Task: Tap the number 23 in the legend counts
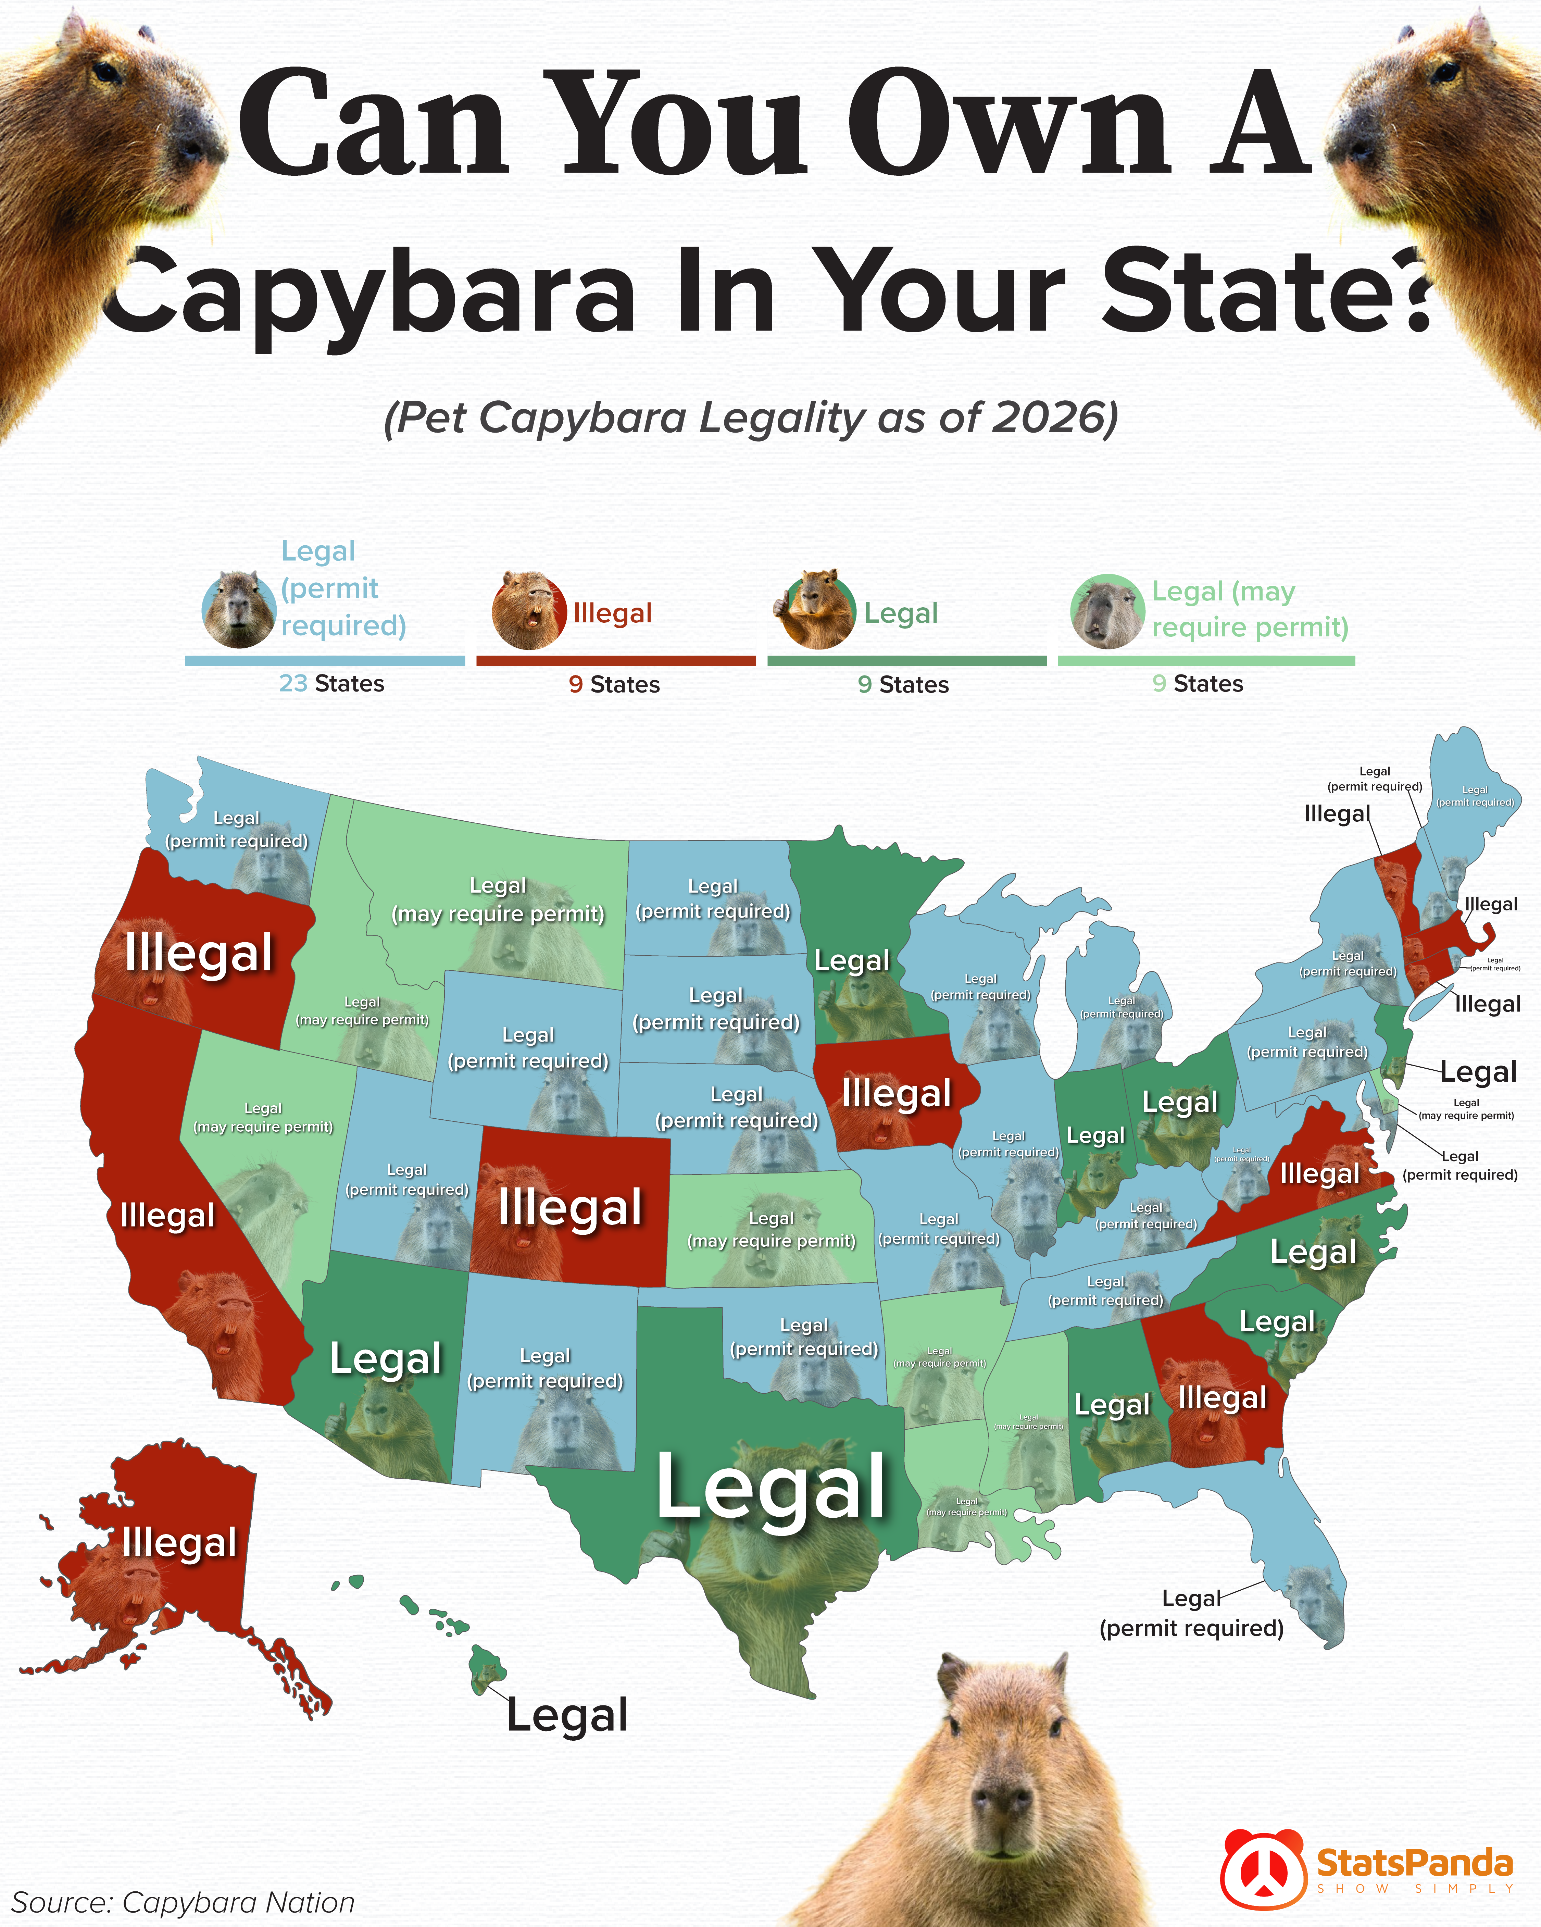293,684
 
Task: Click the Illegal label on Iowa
897,1093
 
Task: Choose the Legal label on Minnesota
852,961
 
